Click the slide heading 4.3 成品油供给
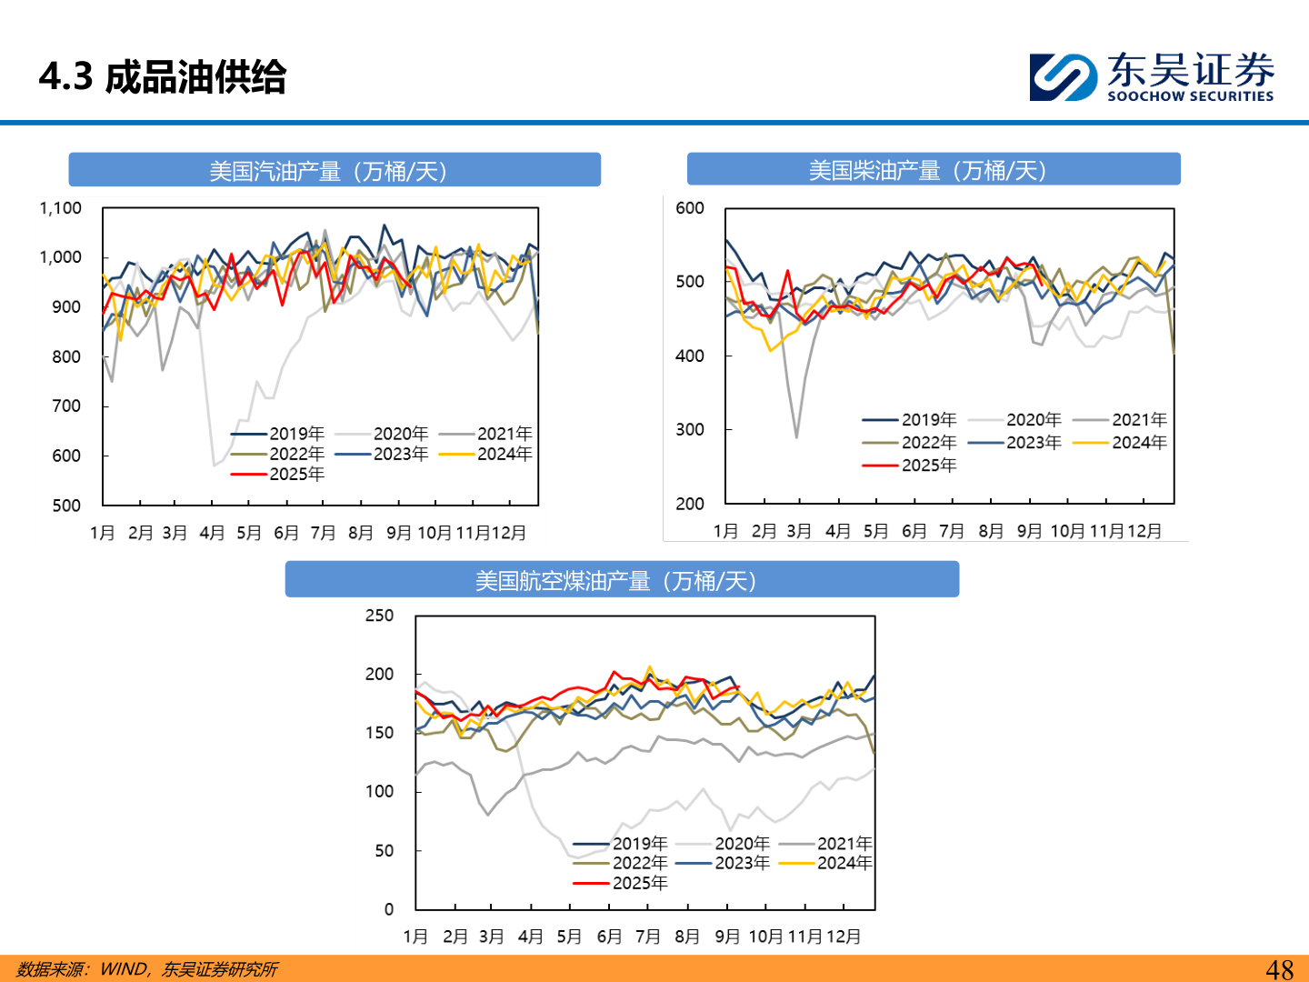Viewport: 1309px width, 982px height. tap(163, 77)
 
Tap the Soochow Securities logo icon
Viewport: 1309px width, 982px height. tap(1063, 77)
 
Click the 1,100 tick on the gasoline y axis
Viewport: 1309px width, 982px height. tap(61, 208)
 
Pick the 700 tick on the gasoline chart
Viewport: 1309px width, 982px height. tap(66, 406)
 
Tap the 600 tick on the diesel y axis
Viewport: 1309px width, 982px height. tap(690, 208)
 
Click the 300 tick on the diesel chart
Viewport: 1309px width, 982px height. tap(690, 429)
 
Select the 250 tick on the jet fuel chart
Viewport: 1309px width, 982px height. tap(379, 616)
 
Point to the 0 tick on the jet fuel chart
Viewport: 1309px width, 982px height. tap(389, 909)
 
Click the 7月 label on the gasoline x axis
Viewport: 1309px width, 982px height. tap(324, 533)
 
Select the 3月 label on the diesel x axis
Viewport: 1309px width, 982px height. tap(799, 531)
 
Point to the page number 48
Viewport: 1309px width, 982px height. tap(1279, 969)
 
